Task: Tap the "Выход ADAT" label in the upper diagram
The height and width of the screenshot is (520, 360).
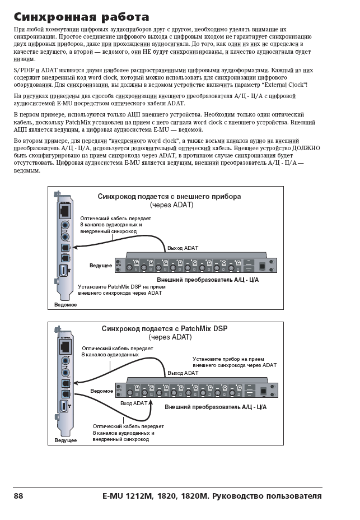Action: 183,248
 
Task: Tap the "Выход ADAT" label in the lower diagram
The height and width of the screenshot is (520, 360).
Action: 183,373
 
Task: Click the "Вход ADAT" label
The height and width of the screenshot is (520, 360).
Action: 134,403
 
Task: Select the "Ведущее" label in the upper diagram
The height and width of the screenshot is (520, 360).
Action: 101,264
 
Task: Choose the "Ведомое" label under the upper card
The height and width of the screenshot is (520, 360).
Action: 66,304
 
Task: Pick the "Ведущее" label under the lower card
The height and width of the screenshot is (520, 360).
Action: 66,440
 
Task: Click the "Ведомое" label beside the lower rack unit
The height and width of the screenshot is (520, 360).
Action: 101,389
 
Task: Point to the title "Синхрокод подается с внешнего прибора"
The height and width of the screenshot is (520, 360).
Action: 169,197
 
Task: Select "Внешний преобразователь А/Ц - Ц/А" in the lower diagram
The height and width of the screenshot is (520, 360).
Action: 216,406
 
